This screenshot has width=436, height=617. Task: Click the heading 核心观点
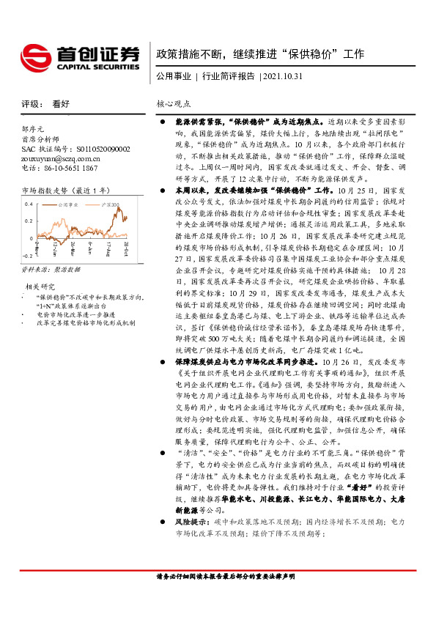(x=174, y=104)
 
